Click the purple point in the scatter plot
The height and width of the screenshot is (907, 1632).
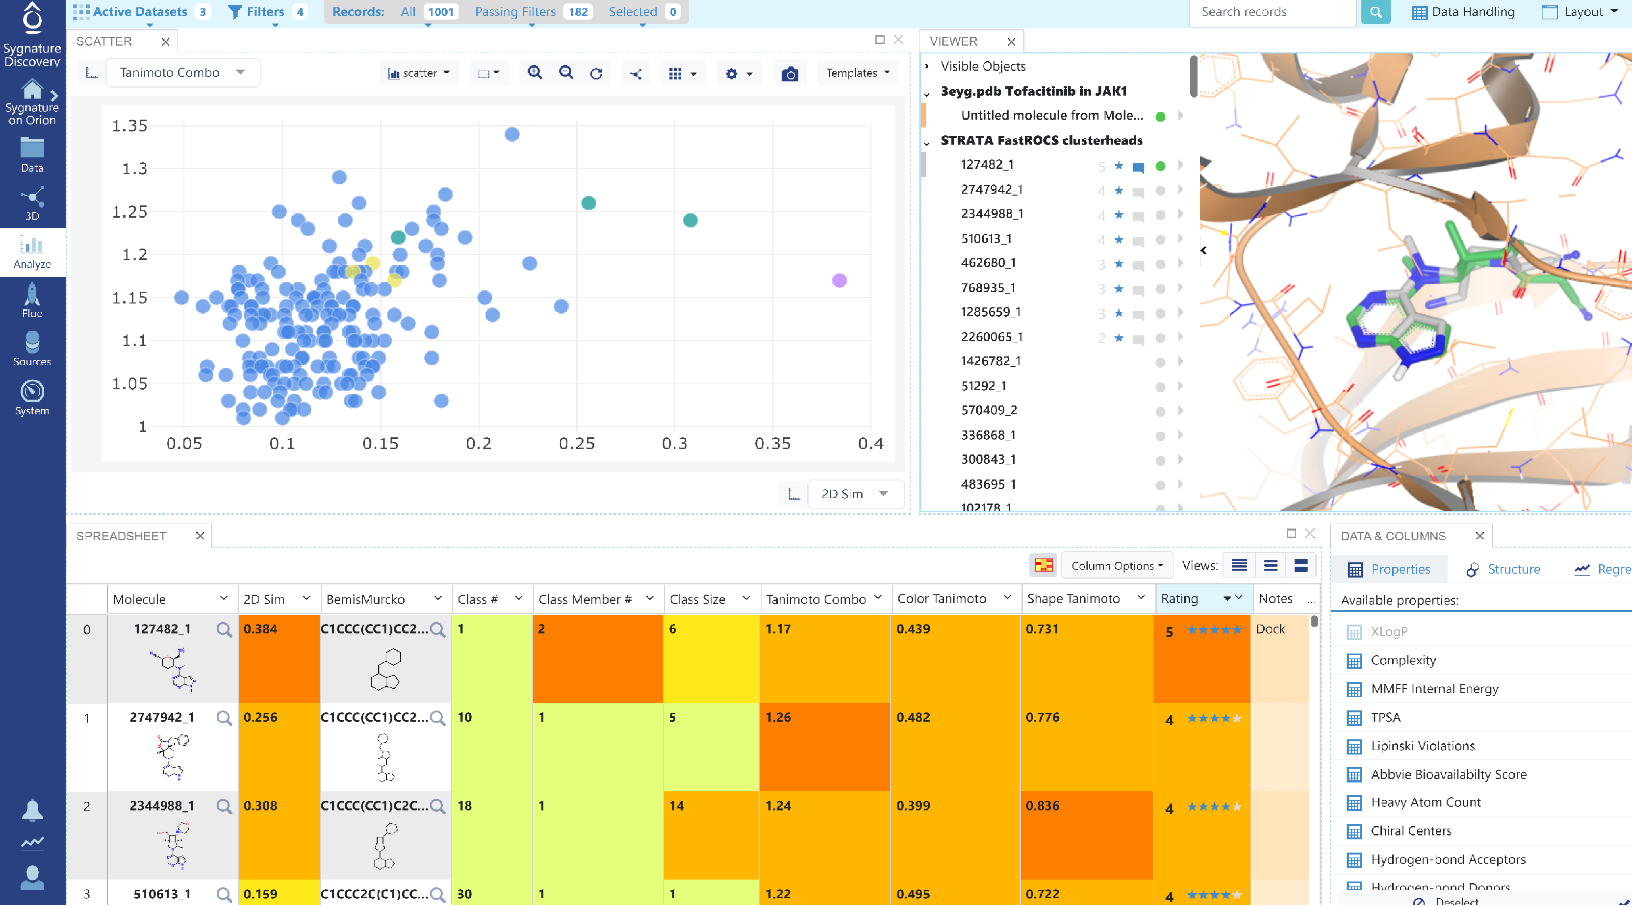pos(839,280)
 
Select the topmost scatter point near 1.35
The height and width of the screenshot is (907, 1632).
pos(512,134)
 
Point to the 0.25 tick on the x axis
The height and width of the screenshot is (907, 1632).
pos(577,443)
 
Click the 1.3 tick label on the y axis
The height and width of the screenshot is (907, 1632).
pos(134,169)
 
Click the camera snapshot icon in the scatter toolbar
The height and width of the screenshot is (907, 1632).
pos(790,74)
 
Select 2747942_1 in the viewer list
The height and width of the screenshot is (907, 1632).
pos(991,189)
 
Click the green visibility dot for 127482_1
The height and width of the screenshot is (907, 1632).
pos(1160,166)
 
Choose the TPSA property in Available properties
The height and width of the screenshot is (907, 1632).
pos(1385,717)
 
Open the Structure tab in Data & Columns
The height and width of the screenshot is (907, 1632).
pos(1512,569)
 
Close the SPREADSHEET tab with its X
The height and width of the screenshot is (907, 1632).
pos(200,536)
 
